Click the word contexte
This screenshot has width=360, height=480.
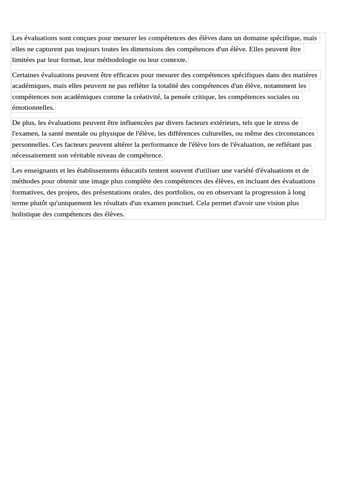(x=173, y=60)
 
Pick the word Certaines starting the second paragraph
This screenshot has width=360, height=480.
(x=26, y=75)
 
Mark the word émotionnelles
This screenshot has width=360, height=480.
(x=33, y=108)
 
